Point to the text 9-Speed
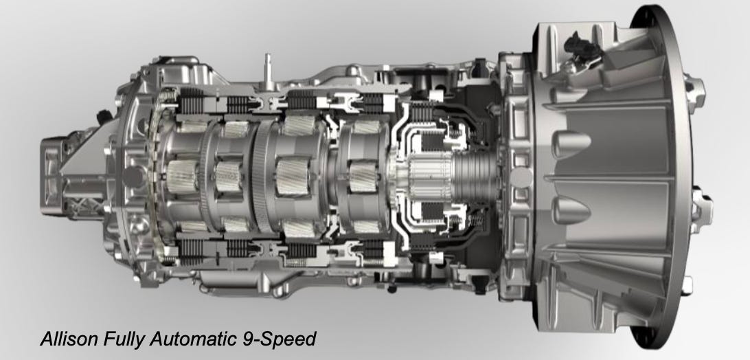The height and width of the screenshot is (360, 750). [x=277, y=339]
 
